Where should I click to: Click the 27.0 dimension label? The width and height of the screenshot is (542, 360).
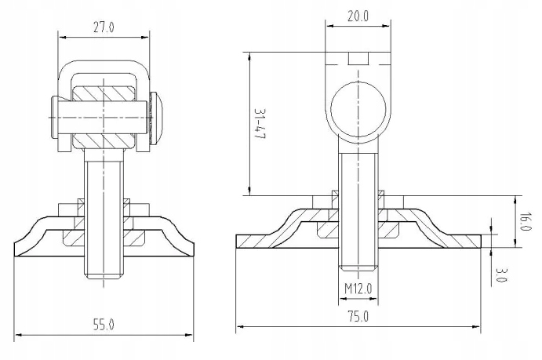point(104,27)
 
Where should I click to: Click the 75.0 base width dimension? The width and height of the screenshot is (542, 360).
point(358,318)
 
